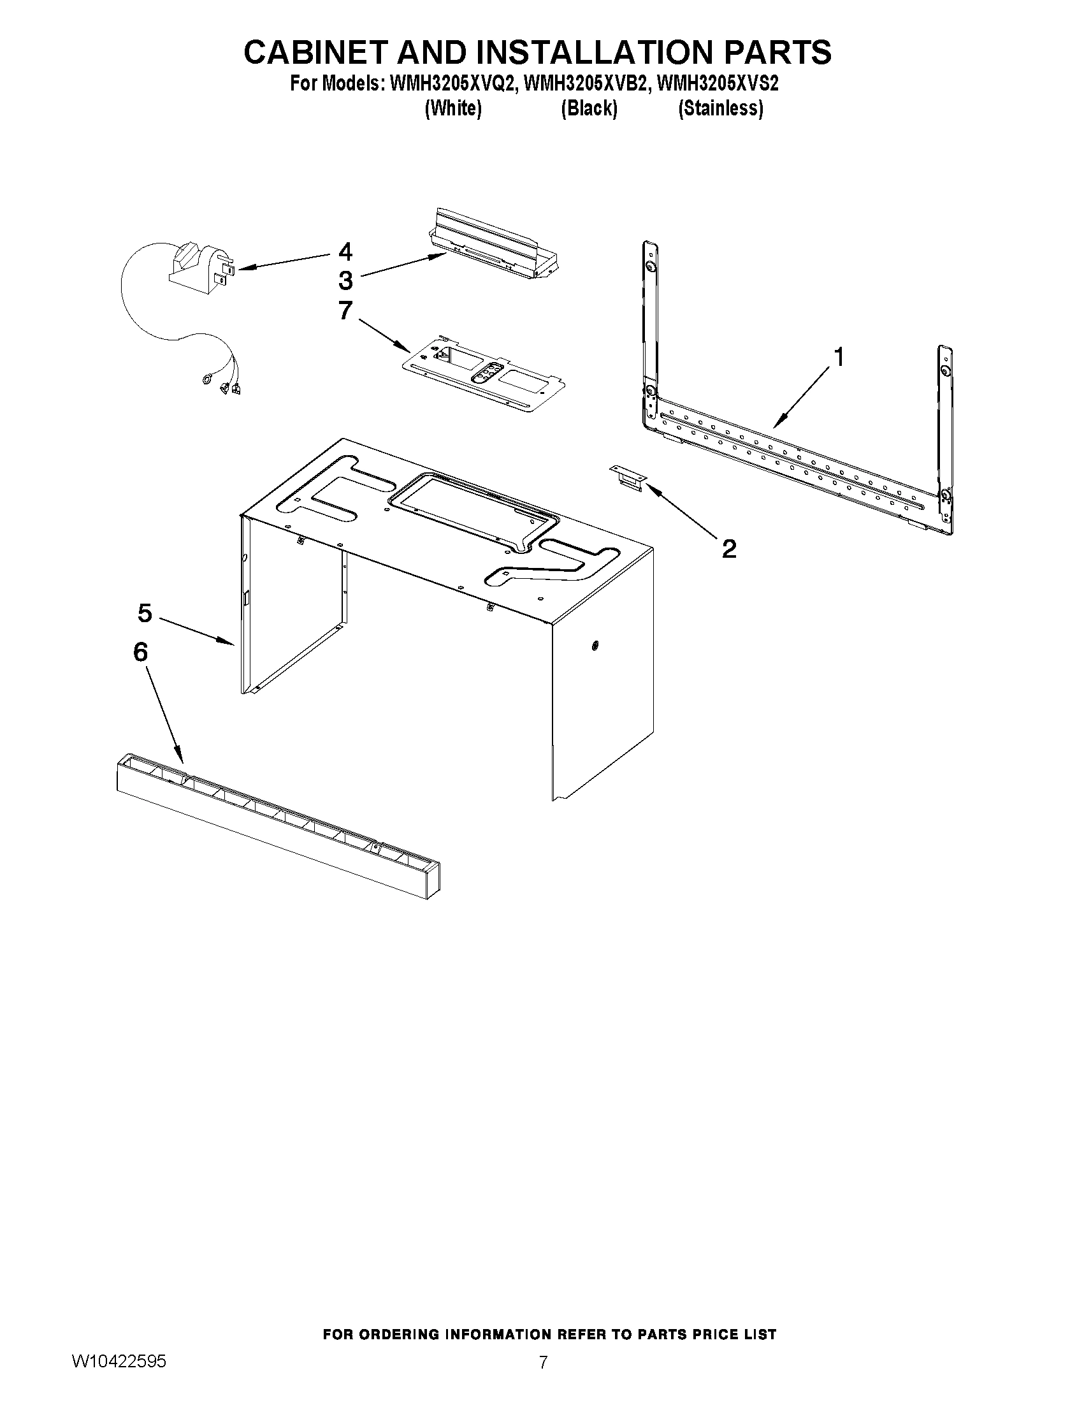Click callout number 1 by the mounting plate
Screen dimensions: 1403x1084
tap(838, 356)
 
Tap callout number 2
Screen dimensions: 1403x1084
tap(729, 549)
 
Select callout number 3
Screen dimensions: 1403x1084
tap(345, 280)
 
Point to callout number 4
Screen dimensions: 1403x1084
tap(345, 251)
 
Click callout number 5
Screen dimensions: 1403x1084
tap(145, 613)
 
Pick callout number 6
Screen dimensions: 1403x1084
tap(140, 651)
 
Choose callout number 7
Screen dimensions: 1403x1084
tap(345, 311)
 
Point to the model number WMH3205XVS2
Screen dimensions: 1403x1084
tap(718, 84)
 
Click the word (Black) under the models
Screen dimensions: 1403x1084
tap(588, 108)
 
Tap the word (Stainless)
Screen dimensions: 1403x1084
tap(721, 108)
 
